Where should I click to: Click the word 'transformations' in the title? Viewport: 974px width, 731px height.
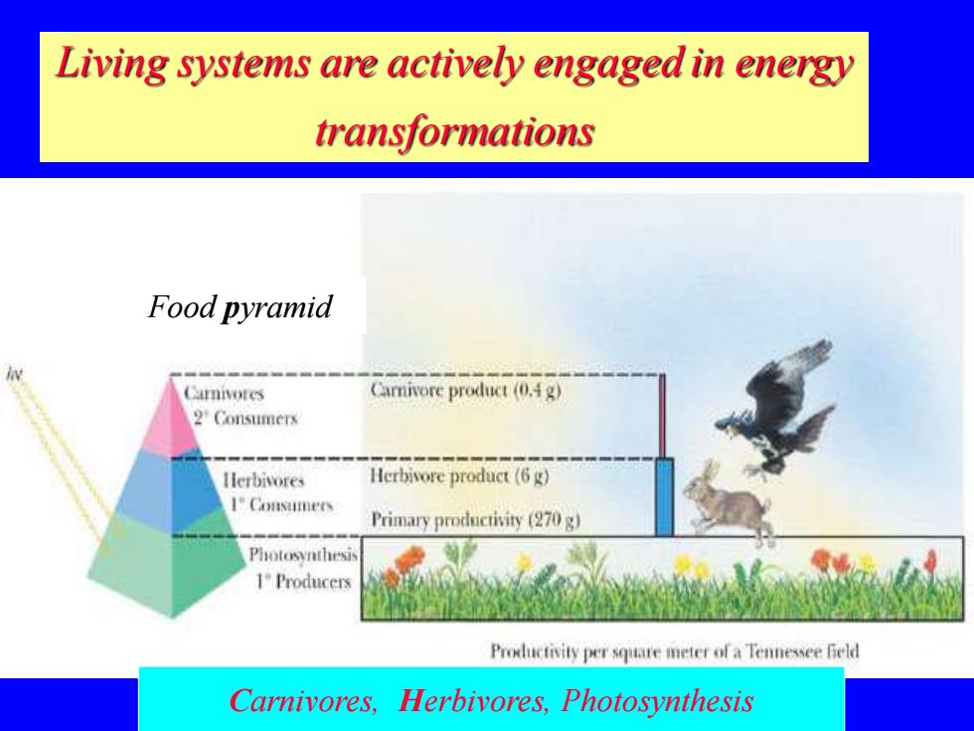[455, 131]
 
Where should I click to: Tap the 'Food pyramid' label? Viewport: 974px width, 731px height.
[240, 306]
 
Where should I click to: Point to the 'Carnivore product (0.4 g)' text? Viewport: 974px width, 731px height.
[466, 390]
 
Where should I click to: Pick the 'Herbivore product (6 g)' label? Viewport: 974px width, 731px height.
[459, 476]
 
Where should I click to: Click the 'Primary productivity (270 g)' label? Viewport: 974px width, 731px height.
[475, 519]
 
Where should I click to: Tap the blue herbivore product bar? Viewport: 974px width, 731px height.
[665, 497]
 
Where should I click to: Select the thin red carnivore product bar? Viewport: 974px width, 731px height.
[662, 417]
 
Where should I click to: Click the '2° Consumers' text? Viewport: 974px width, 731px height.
[246, 419]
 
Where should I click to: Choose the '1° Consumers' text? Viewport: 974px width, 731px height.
[281, 505]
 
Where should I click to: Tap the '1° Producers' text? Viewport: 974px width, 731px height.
[304, 582]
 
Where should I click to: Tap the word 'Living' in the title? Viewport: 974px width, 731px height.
[111, 64]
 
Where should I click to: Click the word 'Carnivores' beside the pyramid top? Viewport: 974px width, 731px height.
[224, 393]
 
